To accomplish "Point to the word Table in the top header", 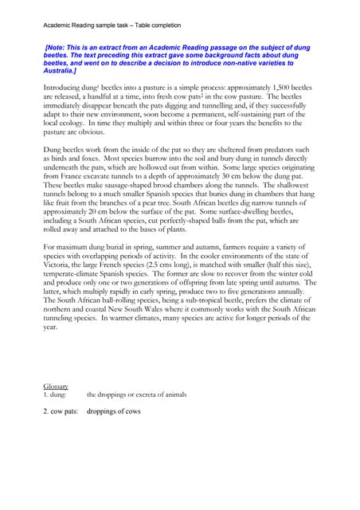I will click(x=153, y=25).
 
